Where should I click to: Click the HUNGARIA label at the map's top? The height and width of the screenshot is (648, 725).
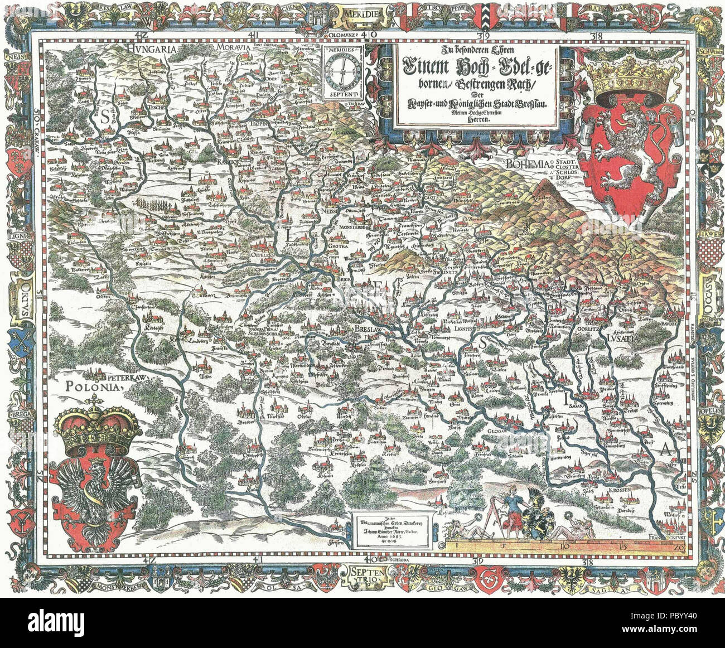[x=152, y=49]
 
